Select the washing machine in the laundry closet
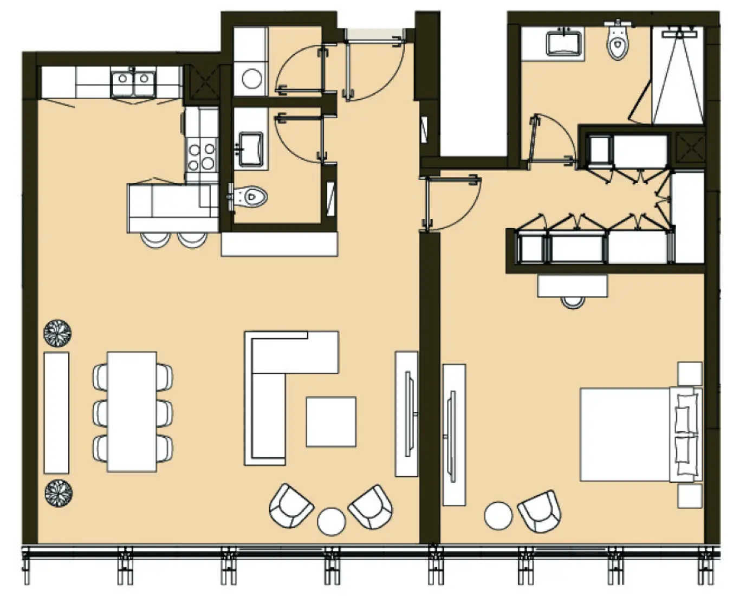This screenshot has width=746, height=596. [252, 79]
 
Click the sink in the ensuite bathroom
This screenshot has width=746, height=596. [563, 43]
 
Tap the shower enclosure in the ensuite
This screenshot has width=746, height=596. [677, 76]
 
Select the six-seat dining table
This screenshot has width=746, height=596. [132, 412]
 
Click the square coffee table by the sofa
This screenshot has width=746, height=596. [331, 422]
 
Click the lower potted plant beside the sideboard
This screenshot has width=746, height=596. [58, 493]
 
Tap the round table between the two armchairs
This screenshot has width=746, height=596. [332, 521]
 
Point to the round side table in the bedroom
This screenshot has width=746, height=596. [498, 515]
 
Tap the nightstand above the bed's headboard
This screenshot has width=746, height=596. [690, 373]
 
